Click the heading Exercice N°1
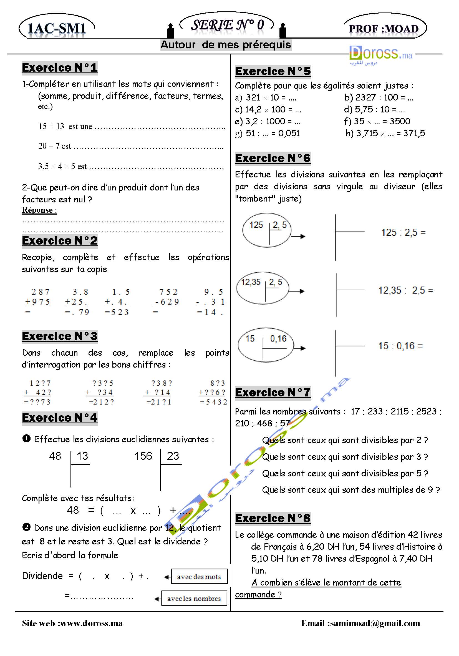59,68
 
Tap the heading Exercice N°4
59,418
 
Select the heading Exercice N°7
273,393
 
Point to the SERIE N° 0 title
227,25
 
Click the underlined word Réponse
39,210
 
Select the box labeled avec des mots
199,577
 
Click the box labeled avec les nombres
194,598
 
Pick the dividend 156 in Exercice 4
143,456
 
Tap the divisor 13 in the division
82,456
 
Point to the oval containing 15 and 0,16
265,345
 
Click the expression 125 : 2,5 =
403,233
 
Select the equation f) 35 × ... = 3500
377,121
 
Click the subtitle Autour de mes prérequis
226,45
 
